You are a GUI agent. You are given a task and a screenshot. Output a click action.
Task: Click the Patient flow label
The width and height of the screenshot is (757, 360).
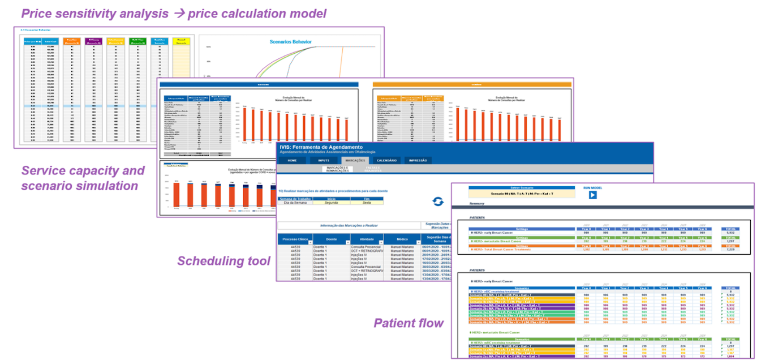(x=408, y=323)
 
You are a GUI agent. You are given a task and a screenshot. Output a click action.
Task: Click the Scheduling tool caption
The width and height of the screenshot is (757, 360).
(x=223, y=261)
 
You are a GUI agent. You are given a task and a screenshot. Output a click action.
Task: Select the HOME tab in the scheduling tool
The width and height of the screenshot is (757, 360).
(x=292, y=160)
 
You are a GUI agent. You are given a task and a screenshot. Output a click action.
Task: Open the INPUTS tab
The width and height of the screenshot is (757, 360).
(x=324, y=160)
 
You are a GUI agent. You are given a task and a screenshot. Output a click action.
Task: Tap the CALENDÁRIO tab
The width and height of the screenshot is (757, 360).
(x=387, y=160)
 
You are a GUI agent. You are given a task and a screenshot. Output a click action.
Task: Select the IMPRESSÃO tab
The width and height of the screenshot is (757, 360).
(x=418, y=160)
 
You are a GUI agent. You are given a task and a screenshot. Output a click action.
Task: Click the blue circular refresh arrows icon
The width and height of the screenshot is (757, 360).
(x=438, y=202)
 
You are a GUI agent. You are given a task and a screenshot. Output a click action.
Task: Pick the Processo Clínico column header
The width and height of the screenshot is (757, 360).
(x=294, y=239)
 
